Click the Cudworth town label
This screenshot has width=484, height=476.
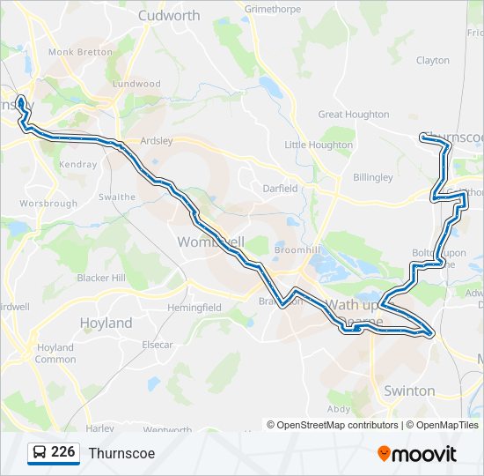pyautogui.click(x=169, y=16)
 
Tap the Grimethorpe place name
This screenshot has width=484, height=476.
pyautogui.click(x=273, y=9)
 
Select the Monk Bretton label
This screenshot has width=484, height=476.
pyautogui.click(x=80, y=52)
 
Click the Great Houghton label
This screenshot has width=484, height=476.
pyautogui.click(x=353, y=115)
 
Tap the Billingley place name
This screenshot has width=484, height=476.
pyautogui.click(x=373, y=177)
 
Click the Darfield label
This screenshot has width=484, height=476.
pyautogui.click(x=281, y=188)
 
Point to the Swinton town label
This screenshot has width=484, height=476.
pyautogui.click(x=409, y=390)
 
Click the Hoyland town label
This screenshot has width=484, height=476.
pyautogui.click(x=106, y=324)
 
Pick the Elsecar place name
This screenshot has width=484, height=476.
pyautogui.click(x=157, y=345)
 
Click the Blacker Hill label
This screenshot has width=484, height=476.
pyautogui.click(x=101, y=278)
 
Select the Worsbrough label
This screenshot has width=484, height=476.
pyautogui.click(x=48, y=204)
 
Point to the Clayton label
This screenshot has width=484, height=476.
pyautogui.click(x=432, y=61)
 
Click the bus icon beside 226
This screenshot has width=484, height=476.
pyautogui.click(x=40, y=452)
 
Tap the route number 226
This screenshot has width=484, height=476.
pyautogui.click(x=62, y=452)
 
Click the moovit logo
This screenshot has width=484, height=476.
pyautogui.click(x=417, y=453)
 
